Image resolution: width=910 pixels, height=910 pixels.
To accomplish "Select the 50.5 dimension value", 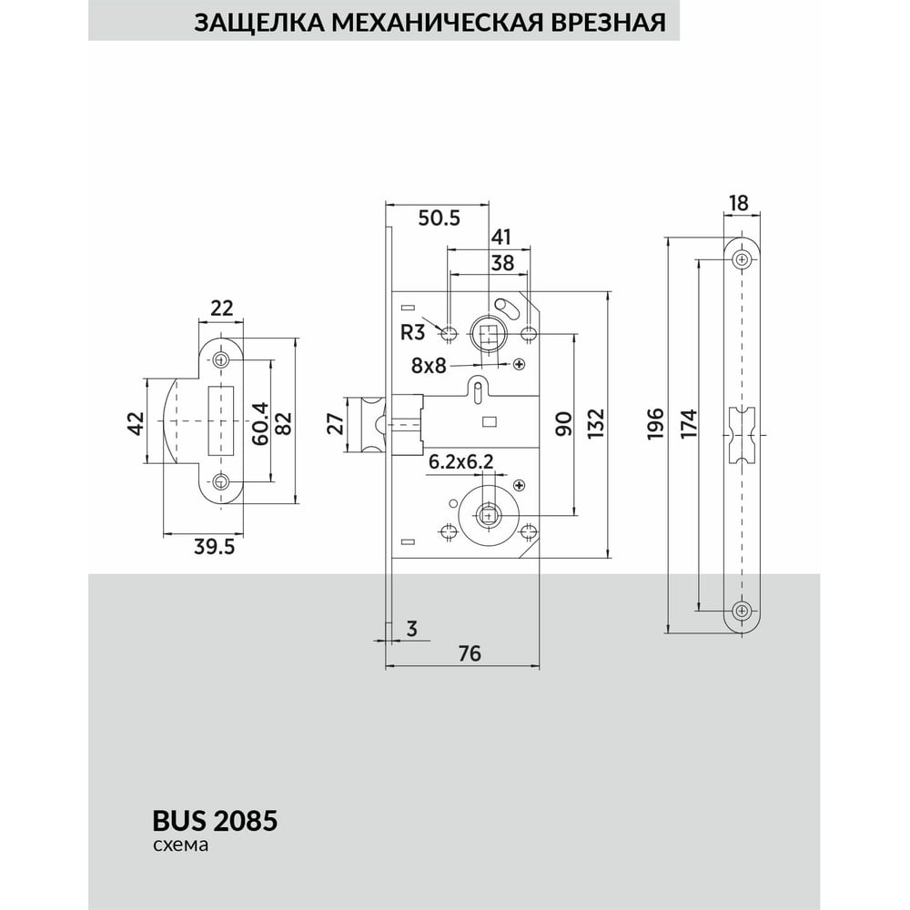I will [439, 217].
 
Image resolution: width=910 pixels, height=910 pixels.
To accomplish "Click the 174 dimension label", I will [690, 423].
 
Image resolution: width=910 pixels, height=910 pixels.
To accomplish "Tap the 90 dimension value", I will [562, 423].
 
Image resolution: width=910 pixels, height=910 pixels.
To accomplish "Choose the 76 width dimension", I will [468, 652].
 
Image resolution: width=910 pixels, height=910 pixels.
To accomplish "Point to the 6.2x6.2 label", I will [460, 462].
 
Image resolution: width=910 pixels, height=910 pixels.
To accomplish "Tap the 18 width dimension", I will [739, 203].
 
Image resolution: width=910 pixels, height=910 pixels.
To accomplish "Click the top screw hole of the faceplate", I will [743, 260].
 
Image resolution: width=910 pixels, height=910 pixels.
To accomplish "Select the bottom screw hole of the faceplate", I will [743, 609].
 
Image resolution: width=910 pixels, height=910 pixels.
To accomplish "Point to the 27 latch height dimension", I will [334, 423].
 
